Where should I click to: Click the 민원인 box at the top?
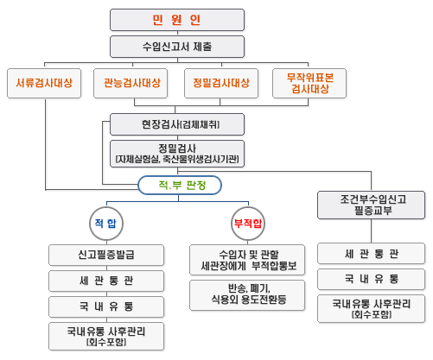[177, 20]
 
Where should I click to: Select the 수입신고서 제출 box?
[177, 47]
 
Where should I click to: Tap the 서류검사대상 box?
[44, 83]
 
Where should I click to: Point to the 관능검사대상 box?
[131, 83]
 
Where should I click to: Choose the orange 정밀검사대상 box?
[221, 83]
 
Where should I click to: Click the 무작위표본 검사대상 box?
[309, 83]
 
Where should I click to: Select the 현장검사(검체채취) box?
[177, 124]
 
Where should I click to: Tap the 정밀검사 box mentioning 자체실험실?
[177, 154]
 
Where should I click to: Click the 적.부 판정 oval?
[180, 185]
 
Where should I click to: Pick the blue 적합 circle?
[106, 224]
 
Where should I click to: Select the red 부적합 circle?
[248, 224]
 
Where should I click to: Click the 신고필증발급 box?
[106, 255]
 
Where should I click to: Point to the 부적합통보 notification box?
[247, 260]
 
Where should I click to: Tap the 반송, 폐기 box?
[247, 295]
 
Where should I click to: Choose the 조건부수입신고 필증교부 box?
[372, 205]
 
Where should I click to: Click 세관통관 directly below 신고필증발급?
[106, 281]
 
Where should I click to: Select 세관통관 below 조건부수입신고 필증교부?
[372, 254]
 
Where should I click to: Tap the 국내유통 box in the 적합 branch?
[106, 306]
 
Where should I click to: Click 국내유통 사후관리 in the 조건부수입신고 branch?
[372, 308]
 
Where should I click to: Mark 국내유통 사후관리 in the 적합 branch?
[106, 336]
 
